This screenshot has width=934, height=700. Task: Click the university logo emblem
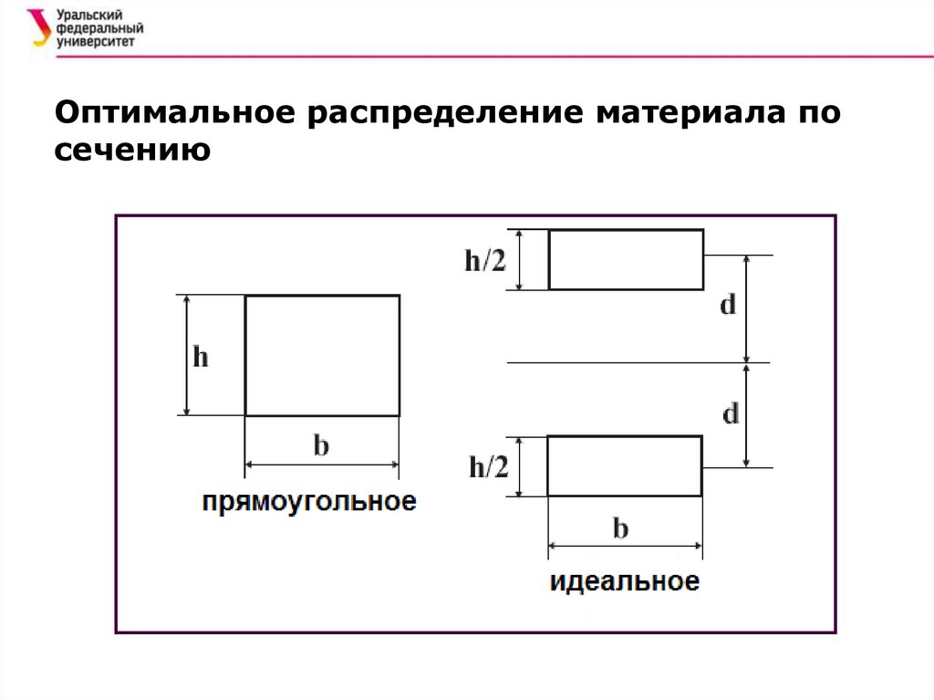coord(39,27)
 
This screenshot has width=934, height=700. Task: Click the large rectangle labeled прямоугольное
coord(322,355)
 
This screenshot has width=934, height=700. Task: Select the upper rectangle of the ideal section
coord(626,260)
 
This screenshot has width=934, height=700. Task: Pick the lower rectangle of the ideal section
coord(625,466)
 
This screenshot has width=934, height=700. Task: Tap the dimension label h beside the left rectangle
coord(200,357)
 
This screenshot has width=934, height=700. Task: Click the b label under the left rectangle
coord(321,446)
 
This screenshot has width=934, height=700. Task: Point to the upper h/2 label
coord(484,261)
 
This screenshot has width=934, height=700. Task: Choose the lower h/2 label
coord(488,468)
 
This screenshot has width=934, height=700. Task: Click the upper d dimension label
coord(728,306)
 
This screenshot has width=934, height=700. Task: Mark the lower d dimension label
coord(731,415)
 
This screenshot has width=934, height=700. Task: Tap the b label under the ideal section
coord(620,528)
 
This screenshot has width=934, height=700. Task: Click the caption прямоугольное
coord(309,501)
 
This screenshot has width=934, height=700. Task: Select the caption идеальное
coord(625,581)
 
